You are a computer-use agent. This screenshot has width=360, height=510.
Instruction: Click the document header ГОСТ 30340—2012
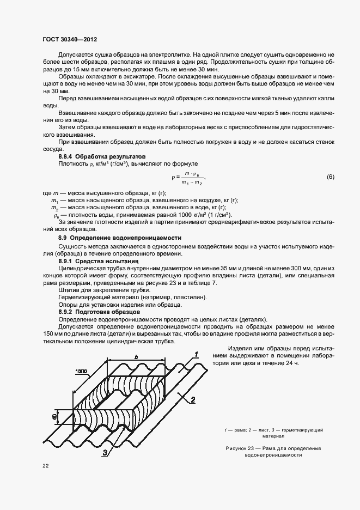tap(66, 40)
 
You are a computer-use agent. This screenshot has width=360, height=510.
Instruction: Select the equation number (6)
tap(330, 177)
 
